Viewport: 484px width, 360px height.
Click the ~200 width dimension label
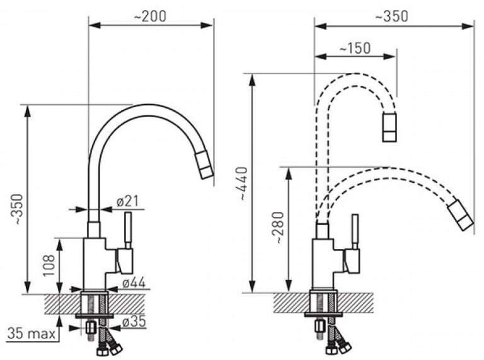point(150,16)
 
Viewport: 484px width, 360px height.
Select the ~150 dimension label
point(355,48)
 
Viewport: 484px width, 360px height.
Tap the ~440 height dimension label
point(243,183)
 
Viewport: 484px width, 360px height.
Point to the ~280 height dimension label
point(279,227)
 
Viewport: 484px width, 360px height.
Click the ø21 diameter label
point(127,202)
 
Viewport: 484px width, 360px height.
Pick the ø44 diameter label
point(134,282)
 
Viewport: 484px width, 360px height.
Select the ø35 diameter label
point(134,322)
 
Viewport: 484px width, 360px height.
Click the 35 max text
point(32,334)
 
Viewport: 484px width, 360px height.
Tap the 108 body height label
point(49,265)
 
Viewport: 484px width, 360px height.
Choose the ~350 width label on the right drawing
point(391,16)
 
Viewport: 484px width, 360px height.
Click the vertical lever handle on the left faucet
point(128,230)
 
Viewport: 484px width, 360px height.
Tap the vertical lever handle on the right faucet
point(355,231)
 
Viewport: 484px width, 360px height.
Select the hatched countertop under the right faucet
point(323,303)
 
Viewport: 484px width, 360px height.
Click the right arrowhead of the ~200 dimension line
point(207,25)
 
